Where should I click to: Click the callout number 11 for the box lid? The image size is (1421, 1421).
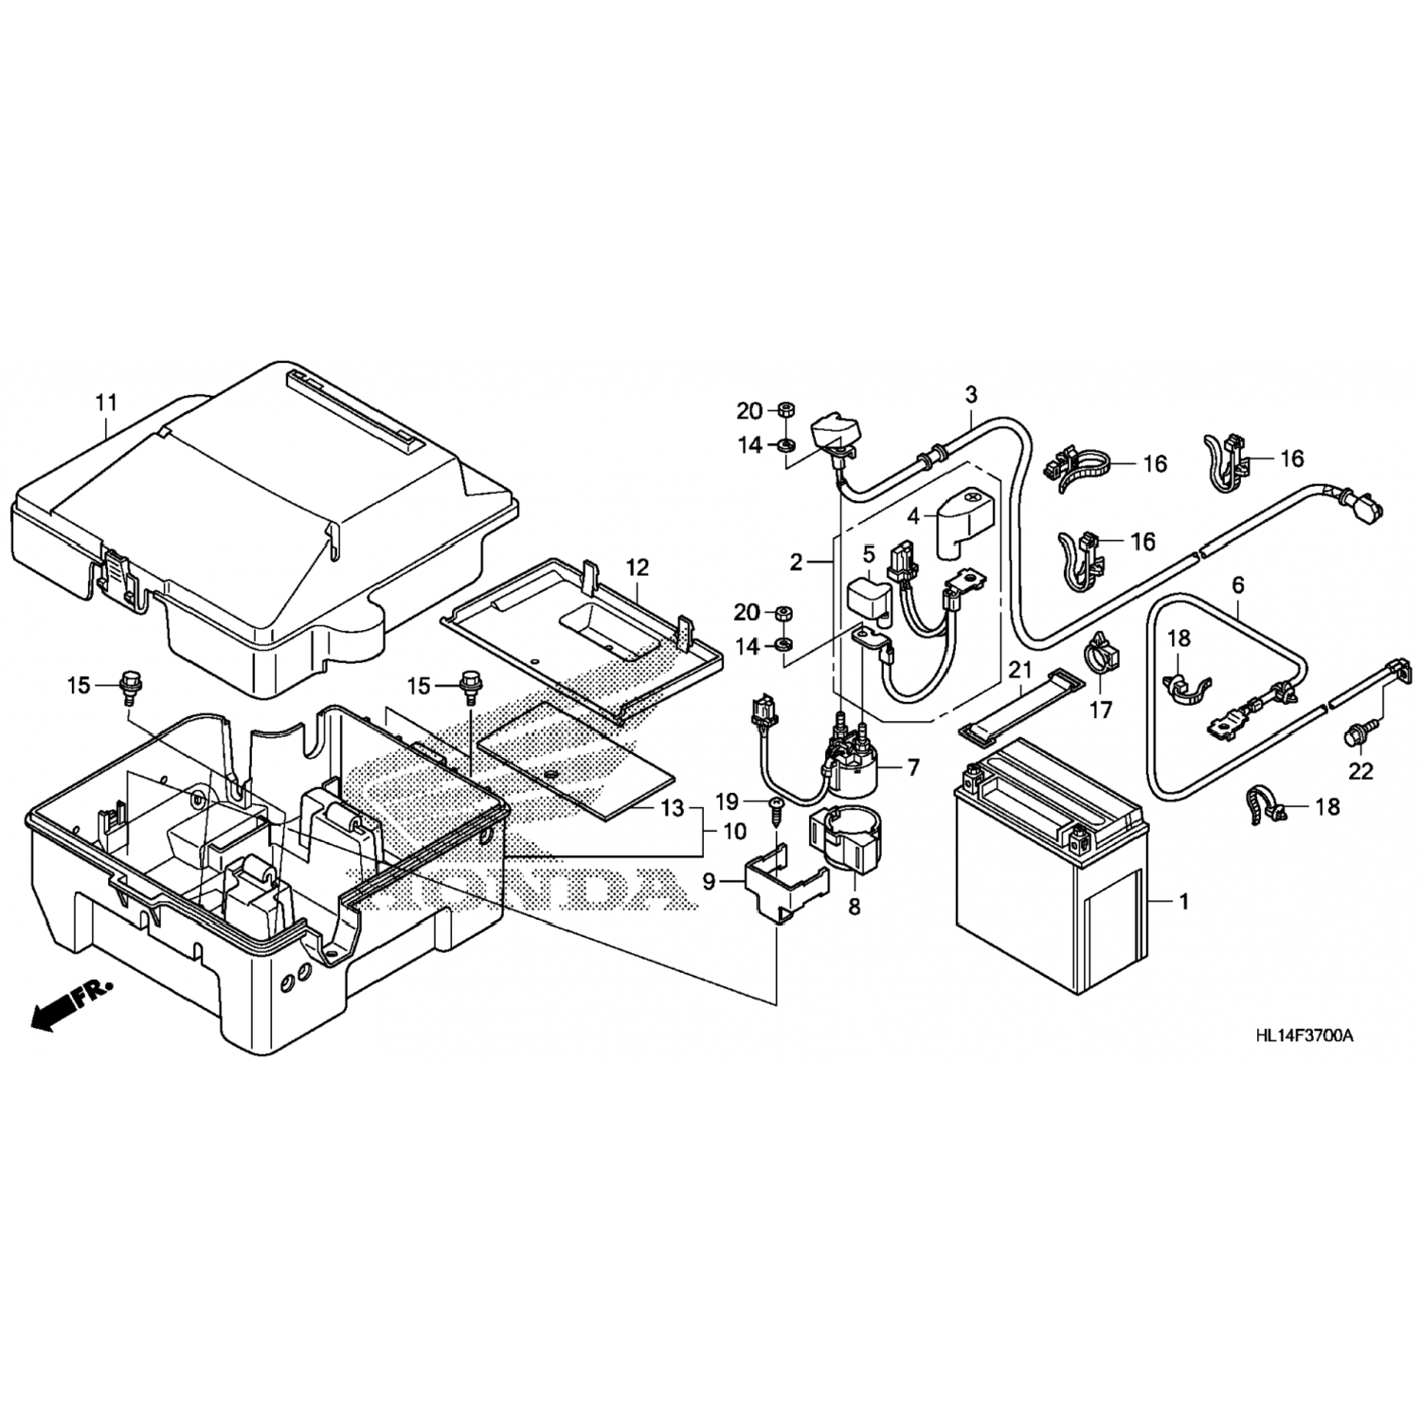tap(106, 404)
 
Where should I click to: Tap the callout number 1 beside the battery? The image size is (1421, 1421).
tap(1182, 901)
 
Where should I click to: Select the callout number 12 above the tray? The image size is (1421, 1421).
tap(638, 567)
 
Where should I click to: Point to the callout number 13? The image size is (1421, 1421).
tap(672, 808)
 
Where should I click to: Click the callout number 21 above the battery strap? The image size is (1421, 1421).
tap(1019, 670)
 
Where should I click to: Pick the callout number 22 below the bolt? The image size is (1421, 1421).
tap(1360, 772)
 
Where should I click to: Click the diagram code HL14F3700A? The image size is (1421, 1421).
tap(1304, 1035)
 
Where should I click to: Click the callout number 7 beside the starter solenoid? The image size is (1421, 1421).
tap(912, 767)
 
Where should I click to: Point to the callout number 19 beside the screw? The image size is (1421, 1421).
tap(727, 802)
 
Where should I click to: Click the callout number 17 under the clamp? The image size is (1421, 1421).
tap(1100, 710)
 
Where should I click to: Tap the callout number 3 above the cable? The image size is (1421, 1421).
tap(971, 394)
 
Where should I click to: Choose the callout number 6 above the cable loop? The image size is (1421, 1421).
tap(1237, 585)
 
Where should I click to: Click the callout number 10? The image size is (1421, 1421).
tap(734, 832)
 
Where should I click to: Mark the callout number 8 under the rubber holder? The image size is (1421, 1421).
tap(854, 907)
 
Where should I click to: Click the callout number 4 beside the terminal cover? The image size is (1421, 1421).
tap(913, 517)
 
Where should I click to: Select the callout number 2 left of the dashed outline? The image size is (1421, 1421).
tap(797, 562)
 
